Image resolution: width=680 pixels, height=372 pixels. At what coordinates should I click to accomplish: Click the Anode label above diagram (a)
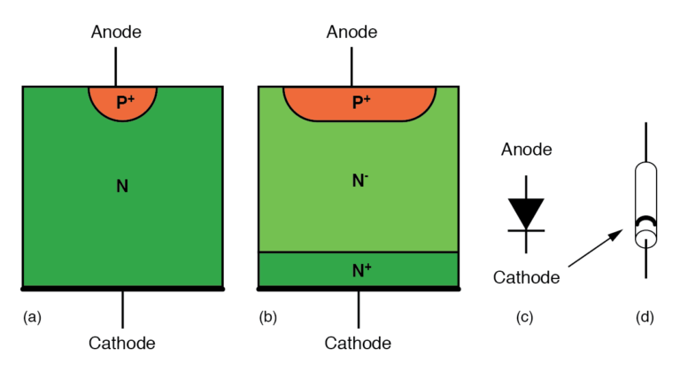click(116, 33)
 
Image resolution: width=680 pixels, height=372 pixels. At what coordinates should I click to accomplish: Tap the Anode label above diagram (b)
click(352, 33)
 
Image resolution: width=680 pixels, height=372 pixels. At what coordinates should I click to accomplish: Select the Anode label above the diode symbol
click(527, 150)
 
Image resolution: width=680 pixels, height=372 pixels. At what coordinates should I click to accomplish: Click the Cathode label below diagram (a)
click(122, 343)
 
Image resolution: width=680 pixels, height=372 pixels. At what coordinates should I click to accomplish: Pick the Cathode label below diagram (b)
click(358, 343)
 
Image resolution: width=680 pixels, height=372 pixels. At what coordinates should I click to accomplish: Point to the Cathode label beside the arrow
click(527, 277)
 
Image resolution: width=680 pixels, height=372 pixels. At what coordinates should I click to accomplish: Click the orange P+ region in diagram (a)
click(123, 103)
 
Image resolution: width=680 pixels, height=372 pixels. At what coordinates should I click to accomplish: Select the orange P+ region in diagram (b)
click(359, 103)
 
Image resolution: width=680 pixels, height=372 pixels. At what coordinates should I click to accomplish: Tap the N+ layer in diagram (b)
click(359, 269)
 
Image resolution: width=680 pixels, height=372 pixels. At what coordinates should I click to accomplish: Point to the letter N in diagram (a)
click(122, 186)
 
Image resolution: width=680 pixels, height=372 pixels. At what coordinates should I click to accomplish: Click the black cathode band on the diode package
click(645, 221)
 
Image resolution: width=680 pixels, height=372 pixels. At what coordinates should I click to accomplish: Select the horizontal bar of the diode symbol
click(527, 230)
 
